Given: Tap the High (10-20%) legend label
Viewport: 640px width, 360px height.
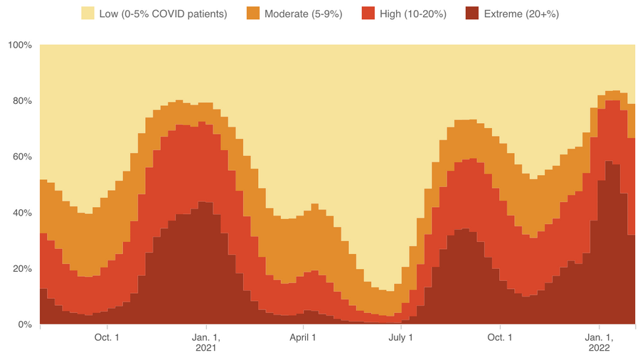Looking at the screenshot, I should pyautogui.click(x=414, y=13).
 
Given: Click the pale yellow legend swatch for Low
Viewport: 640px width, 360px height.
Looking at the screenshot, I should pyautogui.click(x=87, y=13).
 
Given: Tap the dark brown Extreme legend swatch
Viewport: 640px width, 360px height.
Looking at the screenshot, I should pyautogui.click(x=472, y=13).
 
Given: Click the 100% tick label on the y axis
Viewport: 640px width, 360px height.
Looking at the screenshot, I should pyautogui.click(x=19, y=46).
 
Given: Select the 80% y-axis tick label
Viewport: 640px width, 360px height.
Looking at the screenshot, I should pyautogui.click(x=21, y=101).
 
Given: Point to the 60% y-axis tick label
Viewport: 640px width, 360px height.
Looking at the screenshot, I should pyautogui.click(x=21, y=157).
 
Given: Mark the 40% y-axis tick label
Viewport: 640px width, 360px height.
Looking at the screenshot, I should pyautogui.click(x=21, y=213).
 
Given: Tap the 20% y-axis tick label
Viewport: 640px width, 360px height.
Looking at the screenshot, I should pyautogui.click(x=21, y=269).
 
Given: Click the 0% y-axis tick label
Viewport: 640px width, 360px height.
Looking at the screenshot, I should pyautogui.click(x=24, y=324).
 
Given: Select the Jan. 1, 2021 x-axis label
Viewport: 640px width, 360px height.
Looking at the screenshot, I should pyautogui.click(x=206, y=342).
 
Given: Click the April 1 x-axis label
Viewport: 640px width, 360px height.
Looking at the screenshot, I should pyautogui.click(x=304, y=337).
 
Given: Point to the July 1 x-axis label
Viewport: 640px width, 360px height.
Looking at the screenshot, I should pyautogui.click(x=401, y=337).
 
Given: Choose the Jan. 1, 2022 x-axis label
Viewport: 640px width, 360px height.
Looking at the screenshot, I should pyautogui.click(x=599, y=342).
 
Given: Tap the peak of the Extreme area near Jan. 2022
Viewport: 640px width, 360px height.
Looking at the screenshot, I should pyautogui.click(x=609, y=163).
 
